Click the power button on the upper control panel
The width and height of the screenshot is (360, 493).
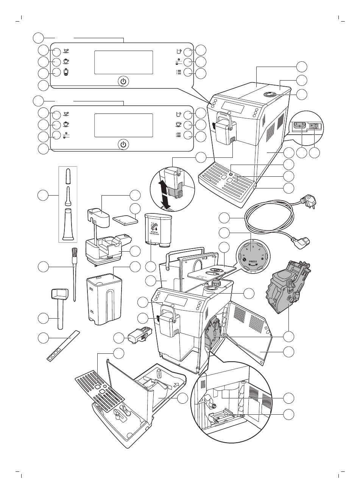pos(123,81)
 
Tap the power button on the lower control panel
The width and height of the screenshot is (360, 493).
pos(123,145)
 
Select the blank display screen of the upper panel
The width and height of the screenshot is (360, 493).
pos(123,62)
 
